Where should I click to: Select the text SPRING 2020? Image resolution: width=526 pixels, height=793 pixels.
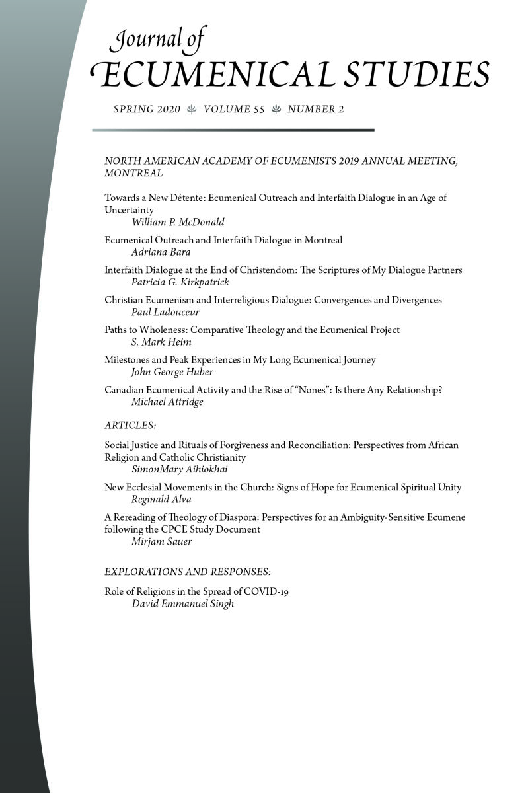click(x=147, y=110)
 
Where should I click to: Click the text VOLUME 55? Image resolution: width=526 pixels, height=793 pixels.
click(x=234, y=110)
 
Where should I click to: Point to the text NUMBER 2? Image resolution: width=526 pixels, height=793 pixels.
click(x=316, y=110)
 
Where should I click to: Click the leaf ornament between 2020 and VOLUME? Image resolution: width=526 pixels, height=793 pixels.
click(x=192, y=110)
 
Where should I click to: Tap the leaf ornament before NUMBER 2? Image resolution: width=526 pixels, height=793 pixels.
click(x=276, y=110)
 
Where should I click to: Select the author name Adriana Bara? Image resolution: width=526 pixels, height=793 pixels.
click(x=161, y=252)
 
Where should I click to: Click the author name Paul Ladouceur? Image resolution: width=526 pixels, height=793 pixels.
click(x=165, y=312)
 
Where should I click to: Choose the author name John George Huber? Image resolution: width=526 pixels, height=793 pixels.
click(x=172, y=372)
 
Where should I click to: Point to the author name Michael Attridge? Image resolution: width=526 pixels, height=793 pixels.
click(x=169, y=402)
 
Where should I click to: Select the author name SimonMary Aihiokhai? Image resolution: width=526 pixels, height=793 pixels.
click(x=180, y=470)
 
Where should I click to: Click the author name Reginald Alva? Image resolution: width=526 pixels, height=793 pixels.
click(x=161, y=500)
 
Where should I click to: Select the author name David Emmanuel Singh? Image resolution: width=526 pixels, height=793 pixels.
click(x=183, y=604)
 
